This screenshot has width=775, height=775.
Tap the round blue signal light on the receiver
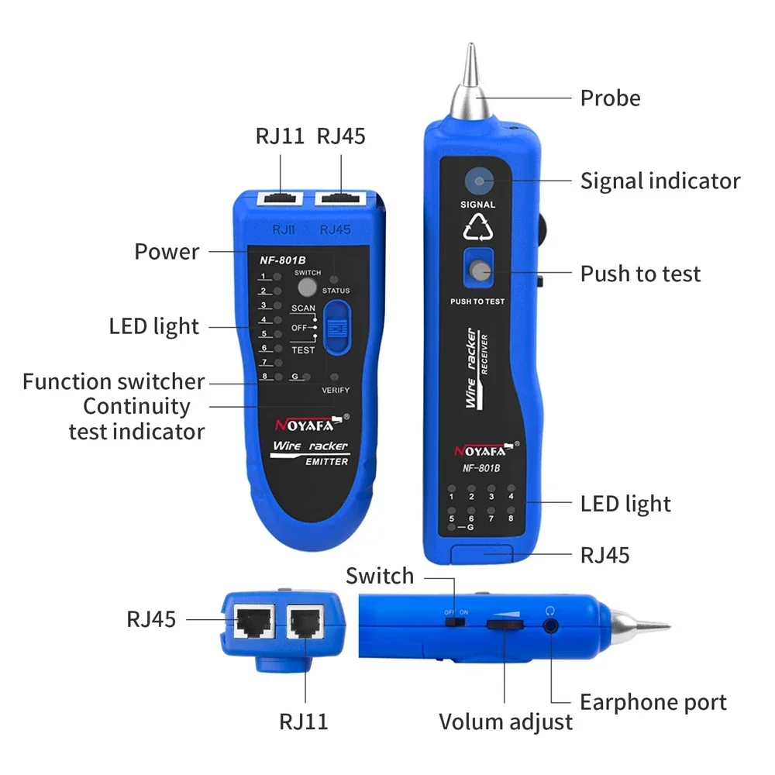click(x=479, y=181)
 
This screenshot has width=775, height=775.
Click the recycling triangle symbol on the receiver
click(x=478, y=227)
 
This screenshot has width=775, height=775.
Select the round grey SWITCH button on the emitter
click(x=307, y=286)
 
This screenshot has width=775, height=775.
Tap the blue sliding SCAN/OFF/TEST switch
click(x=337, y=328)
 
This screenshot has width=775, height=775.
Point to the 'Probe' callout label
click(x=611, y=98)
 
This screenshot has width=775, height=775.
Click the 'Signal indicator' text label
click(x=660, y=181)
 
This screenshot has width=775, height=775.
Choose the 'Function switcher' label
click(x=113, y=382)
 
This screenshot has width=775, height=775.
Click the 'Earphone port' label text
click(x=653, y=703)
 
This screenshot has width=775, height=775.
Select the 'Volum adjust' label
click(x=505, y=722)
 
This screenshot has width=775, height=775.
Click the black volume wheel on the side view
click(x=505, y=625)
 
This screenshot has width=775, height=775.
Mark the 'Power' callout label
click(x=167, y=252)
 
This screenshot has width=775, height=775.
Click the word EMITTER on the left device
click(x=325, y=462)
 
